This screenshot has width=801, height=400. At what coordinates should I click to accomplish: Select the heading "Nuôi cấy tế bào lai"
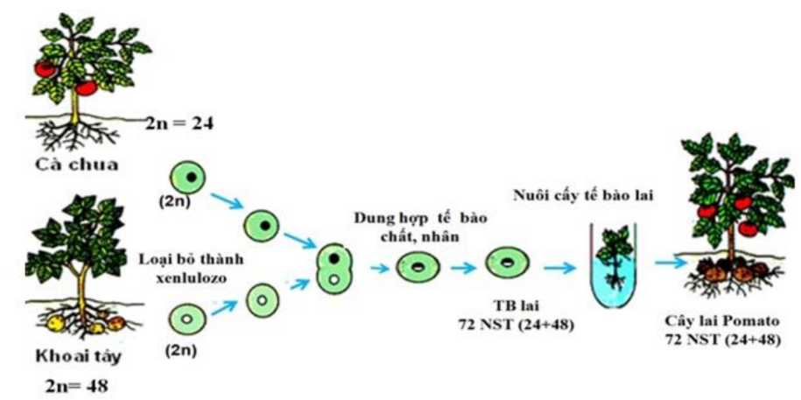pos(586,193)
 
